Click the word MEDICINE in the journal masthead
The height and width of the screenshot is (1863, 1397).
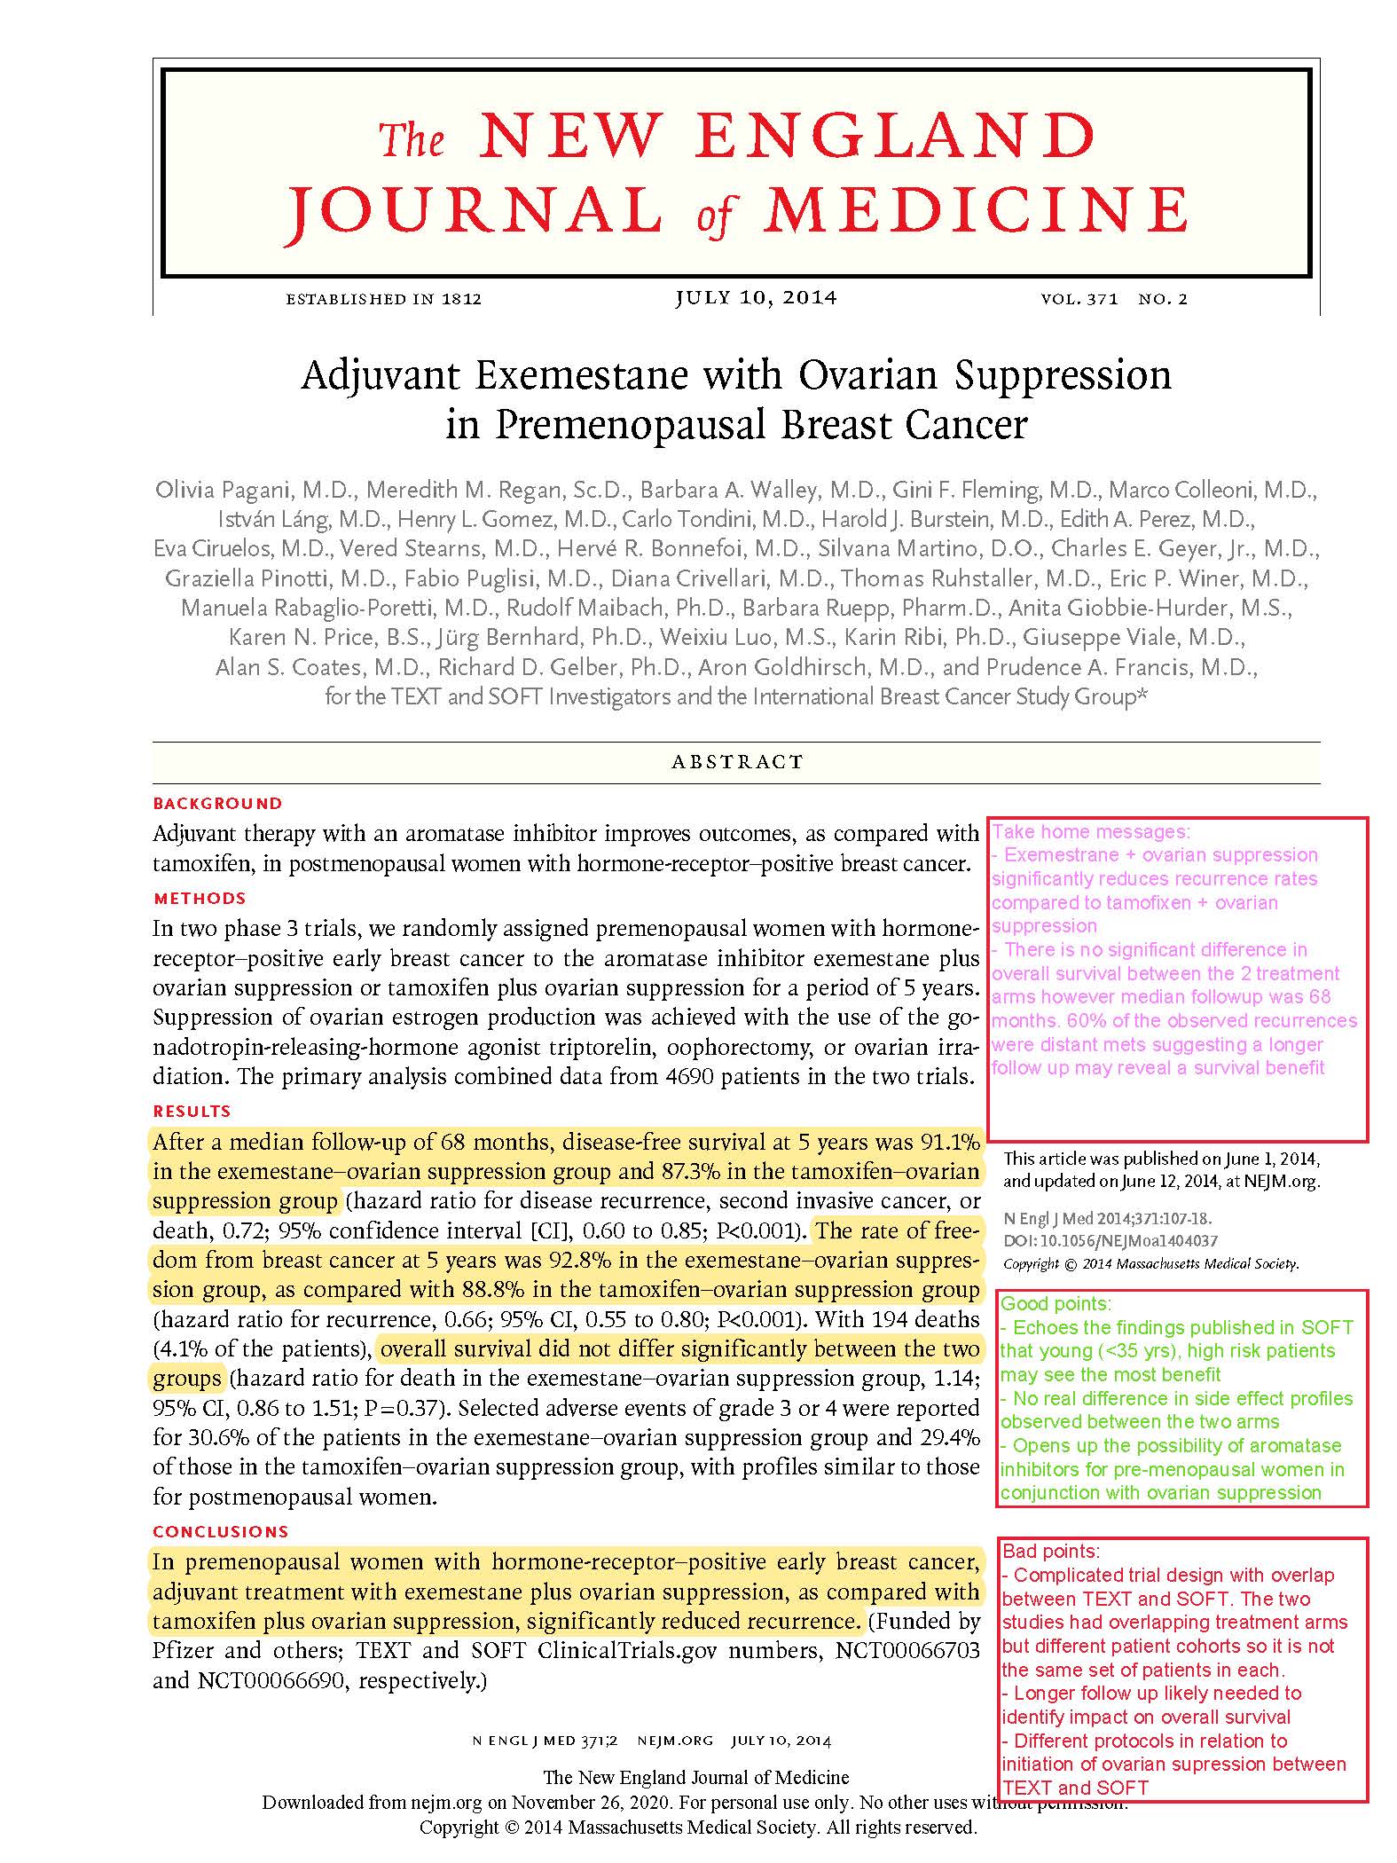point(977,210)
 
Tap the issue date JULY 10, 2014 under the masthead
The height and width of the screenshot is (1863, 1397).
point(756,298)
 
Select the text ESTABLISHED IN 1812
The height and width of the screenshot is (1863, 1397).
point(383,300)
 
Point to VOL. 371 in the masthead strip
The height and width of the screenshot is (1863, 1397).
point(1079,300)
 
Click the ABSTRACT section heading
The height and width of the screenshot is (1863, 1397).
point(737,762)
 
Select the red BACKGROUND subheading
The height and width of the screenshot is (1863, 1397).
point(217,804)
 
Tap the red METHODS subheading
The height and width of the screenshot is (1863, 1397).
point(200,899)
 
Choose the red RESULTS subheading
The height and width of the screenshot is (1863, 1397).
point(192,1111)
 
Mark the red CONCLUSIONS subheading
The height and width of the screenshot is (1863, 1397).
point(221,1531)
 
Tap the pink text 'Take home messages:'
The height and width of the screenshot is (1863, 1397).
point(1090,832)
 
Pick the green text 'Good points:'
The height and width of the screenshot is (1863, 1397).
point(1055,1304)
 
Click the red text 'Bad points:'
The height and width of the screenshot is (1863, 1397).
point(1051,1552)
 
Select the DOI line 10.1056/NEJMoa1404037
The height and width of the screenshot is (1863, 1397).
point(1110,1241)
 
